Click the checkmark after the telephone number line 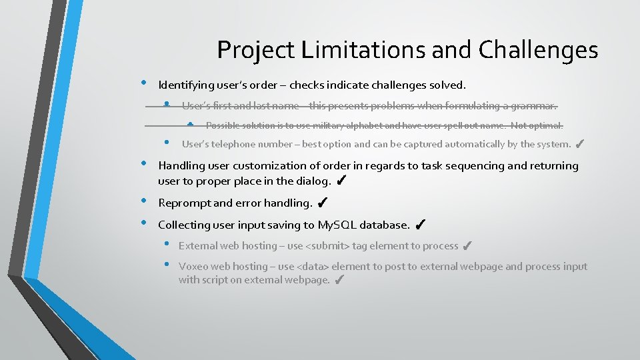579,143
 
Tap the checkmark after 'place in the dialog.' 340,181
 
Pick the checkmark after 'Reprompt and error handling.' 321,202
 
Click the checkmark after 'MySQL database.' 421,225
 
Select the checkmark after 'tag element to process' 467,246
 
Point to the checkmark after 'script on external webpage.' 339,280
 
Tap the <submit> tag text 327,246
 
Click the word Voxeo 193,267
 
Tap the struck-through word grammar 534,106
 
